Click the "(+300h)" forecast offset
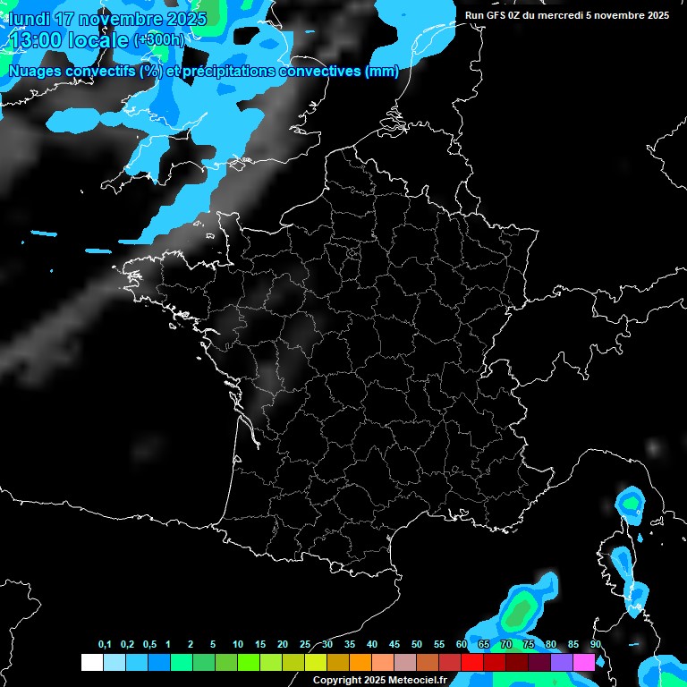pyautogui.click(x=159, y=40)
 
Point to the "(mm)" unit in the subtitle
pyautogui.click(x=382, y=72)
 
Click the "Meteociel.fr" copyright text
pyautogui.click(x=418, y=681)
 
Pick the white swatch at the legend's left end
pyautogui.click(x=91, y=662)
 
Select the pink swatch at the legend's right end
pyautogui.click(x=583, y=662)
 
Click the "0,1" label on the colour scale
pyautogui.click(x=105, y=645)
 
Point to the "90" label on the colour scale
pyautogui.click(x=595, y=645)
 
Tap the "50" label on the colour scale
pyautogui.click(x=417, y=645)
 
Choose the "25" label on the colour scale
pyautogui.click(x=305, y=645)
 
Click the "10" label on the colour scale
pyautogui.click(x=238, y=645)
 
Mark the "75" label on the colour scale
pyautogui.click(x=528, y=645)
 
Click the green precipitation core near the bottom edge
pyautogui.click(x=518, y=613)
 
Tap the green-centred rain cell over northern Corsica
pyautogui.click(x=632, y=505)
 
